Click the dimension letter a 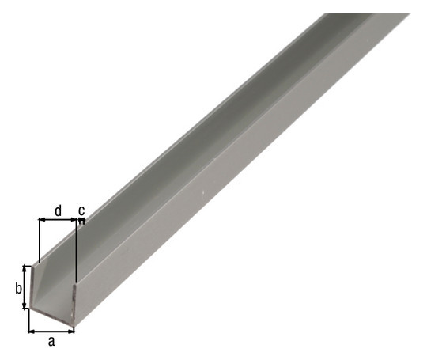click(52, 342)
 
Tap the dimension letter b click(18, 289)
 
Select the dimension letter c click(81, 210)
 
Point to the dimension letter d click(58, 210)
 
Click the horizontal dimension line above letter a click(52, 331)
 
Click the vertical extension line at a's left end click(28, 321)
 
